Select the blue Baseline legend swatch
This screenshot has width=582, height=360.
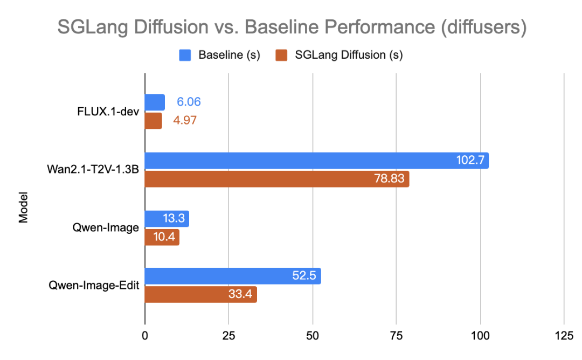point(185,55)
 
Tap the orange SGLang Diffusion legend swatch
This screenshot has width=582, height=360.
point(280,55)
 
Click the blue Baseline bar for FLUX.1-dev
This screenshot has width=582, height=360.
point(155,102)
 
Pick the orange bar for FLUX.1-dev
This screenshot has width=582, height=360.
point(153,120)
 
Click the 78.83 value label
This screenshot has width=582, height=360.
point(389,179)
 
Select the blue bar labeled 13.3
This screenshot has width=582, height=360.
point(167,218)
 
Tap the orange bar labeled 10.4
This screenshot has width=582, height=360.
point(162,237)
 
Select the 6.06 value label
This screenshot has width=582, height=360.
point(189,102)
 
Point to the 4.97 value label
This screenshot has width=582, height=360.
point(185,120)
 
